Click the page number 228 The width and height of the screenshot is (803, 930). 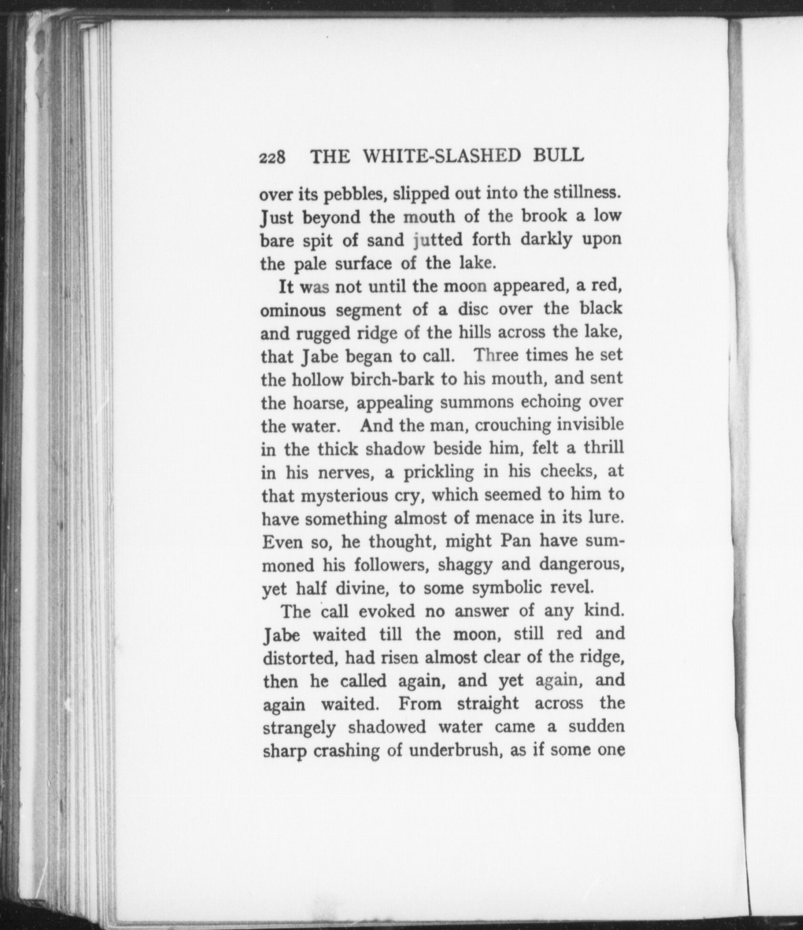click(272, 157)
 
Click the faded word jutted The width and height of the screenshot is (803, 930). click(438, 240)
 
